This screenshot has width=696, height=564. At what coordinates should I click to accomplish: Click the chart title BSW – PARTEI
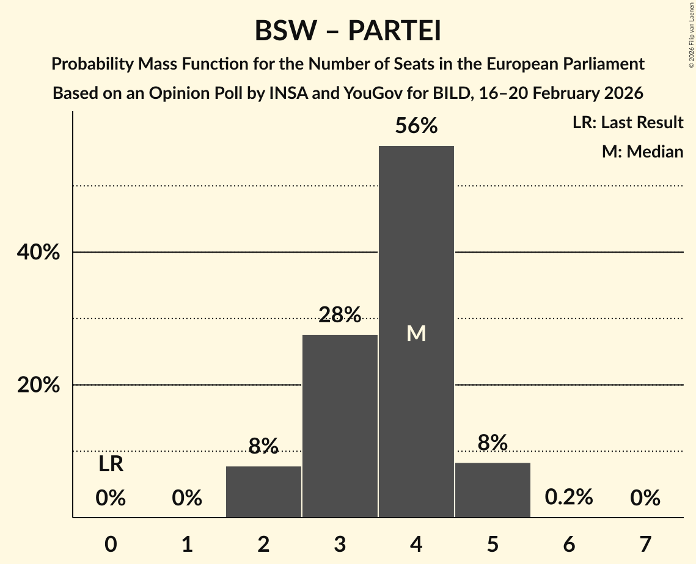(x=348, y=31)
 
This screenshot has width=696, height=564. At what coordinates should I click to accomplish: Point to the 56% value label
(x=416, y=126)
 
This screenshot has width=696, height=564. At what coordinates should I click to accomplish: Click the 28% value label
(x=340, y=315)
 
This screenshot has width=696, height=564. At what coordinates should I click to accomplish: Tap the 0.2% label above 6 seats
(x=569, y=497)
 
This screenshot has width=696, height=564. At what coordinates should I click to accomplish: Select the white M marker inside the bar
(x=416, y=333)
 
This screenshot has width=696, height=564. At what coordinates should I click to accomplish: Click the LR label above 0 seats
(x=111, y=465)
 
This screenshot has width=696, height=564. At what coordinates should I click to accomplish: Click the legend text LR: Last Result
(x=628, y=123)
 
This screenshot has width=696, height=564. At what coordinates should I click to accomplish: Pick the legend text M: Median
(x=642, y=151)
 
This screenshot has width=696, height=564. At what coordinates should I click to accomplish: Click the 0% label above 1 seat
(x=187, y=498)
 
